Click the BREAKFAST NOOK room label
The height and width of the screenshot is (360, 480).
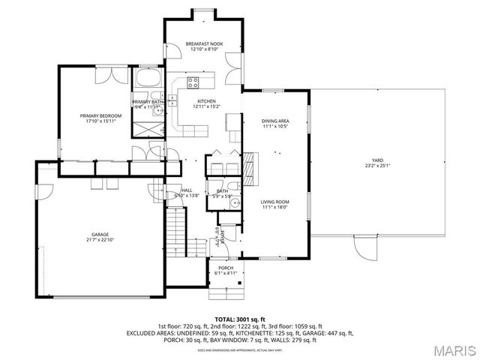pyautogui.click(x=204, y=44)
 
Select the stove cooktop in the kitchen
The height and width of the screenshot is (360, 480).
pyautogui.click(x=193, y=82)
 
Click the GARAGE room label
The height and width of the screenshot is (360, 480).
pyautogui.click(x=100, y=235)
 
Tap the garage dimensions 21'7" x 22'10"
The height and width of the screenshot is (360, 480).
pyautogui.click(x=100, y=241)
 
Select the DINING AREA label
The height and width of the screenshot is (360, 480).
pyautogui.click(x=275, y=121)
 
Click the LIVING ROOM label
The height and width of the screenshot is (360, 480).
pyautogui.click(x=275, y=202)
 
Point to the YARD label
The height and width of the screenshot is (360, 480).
pyautogui.click(x=378, y=160)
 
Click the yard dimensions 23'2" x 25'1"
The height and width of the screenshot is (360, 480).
pyautogui.click(x=378, y=166)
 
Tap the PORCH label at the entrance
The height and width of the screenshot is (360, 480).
pyautogui.click(x=226, y=268)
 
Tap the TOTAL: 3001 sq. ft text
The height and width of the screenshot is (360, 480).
pyautogui.click(x=240, y=319)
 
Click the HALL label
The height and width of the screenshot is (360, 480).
pyautogui.click(x=187, y=190)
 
